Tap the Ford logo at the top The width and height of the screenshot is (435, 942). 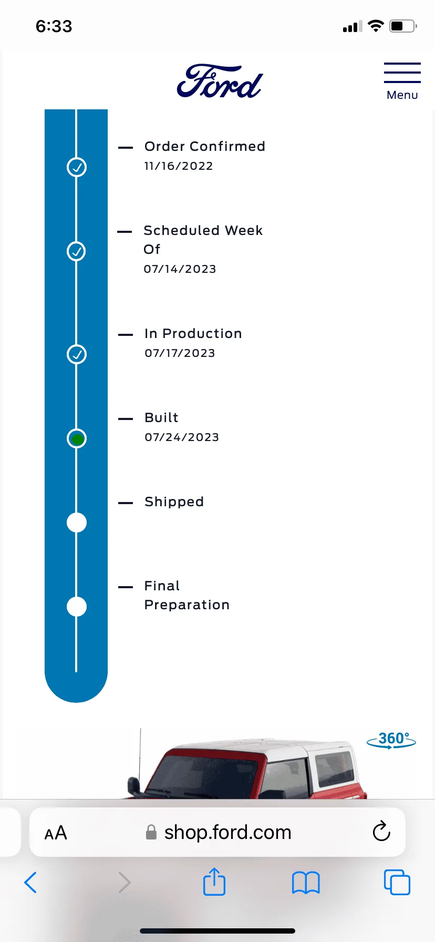click(220, 81)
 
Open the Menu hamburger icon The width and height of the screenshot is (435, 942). click(402, 73)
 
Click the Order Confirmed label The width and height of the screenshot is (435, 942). click(205, 146)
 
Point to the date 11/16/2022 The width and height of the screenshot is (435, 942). click(179, 166)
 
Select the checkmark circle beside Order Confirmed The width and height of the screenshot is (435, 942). click(77, 167)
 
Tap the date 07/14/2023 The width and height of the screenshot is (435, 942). click(180, 269)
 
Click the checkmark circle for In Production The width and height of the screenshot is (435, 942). click(77, 354)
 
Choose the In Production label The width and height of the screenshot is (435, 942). click(193, 333)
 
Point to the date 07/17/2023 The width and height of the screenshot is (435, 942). click(180, 353)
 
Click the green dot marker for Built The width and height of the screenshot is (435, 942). click(77, 439)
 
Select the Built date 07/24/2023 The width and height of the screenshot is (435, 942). click(182, 437)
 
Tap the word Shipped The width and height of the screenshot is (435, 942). click(174, 502)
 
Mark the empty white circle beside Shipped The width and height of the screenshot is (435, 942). click(77, 523)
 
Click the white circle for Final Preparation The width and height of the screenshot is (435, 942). click(77, 607)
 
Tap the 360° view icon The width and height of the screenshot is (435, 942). click(391, 740)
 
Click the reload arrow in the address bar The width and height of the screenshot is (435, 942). click(381, 832)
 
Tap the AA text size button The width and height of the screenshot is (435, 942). click(56, 833)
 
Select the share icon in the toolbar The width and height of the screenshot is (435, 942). click(214, 882)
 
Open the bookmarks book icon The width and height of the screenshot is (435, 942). click(306, 883)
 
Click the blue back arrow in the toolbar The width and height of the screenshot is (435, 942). click(30, 883)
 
